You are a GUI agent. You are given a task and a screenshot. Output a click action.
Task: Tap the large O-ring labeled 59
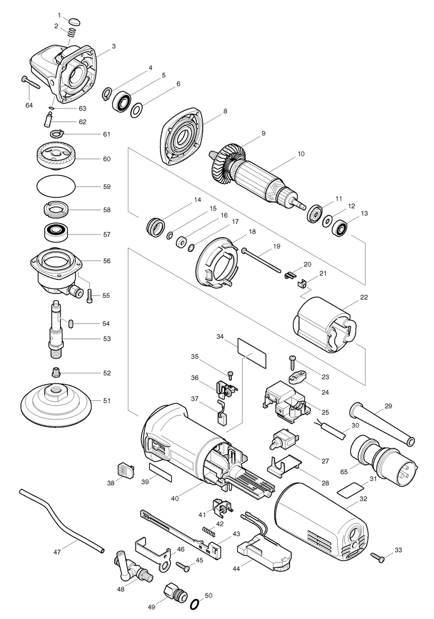click(x=56, y=185)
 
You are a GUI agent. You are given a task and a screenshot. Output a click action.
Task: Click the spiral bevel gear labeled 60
click(x=56, y=157)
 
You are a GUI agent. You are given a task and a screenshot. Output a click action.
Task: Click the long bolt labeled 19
click(x=262, y=259)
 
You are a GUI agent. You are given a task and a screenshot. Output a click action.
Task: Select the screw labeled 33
click(x=378, y=557)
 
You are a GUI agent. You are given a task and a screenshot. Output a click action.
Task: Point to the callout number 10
click(x=301, y=153)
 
